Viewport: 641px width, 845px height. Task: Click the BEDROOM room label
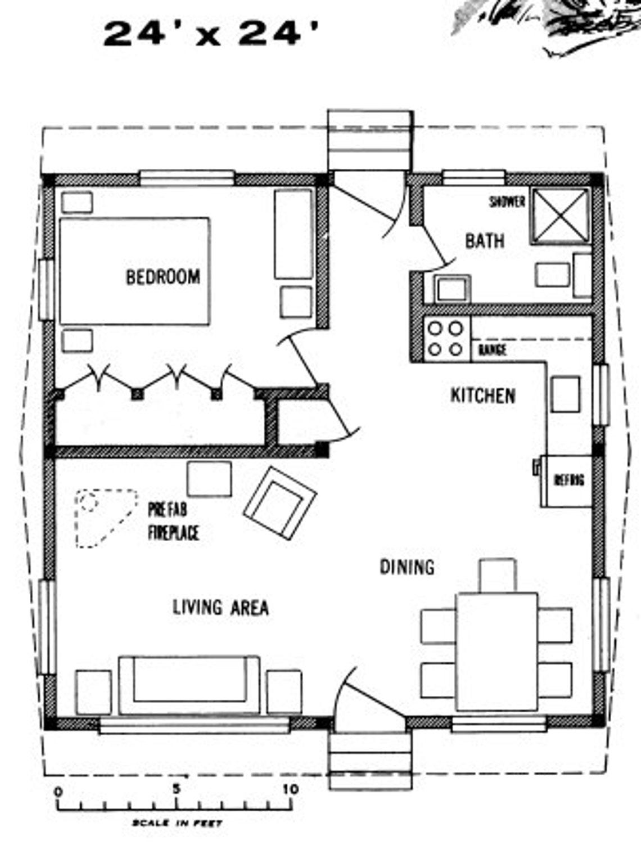pos(162,277)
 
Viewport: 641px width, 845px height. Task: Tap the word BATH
pos(484,241)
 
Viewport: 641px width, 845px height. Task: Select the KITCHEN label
pos(483,395)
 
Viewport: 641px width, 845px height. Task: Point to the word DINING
pos(407,567)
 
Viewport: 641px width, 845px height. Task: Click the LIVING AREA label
pos(220,608)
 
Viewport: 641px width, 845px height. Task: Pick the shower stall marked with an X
pos(560,215)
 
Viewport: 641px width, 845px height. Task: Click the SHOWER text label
pos(507,201)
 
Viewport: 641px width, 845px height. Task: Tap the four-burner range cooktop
pos(445,339)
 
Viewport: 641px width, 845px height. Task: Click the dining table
pos(496,651)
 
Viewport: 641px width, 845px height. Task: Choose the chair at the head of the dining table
pos(498,574)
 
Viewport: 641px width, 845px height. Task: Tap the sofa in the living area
pos(189,685)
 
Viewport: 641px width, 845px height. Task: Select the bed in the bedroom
pos(134,271)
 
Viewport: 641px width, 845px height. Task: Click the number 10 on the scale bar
pos(291,789)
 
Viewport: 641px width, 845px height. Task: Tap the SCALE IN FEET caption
pos(177,824)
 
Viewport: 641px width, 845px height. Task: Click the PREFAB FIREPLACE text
pos(173,522)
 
